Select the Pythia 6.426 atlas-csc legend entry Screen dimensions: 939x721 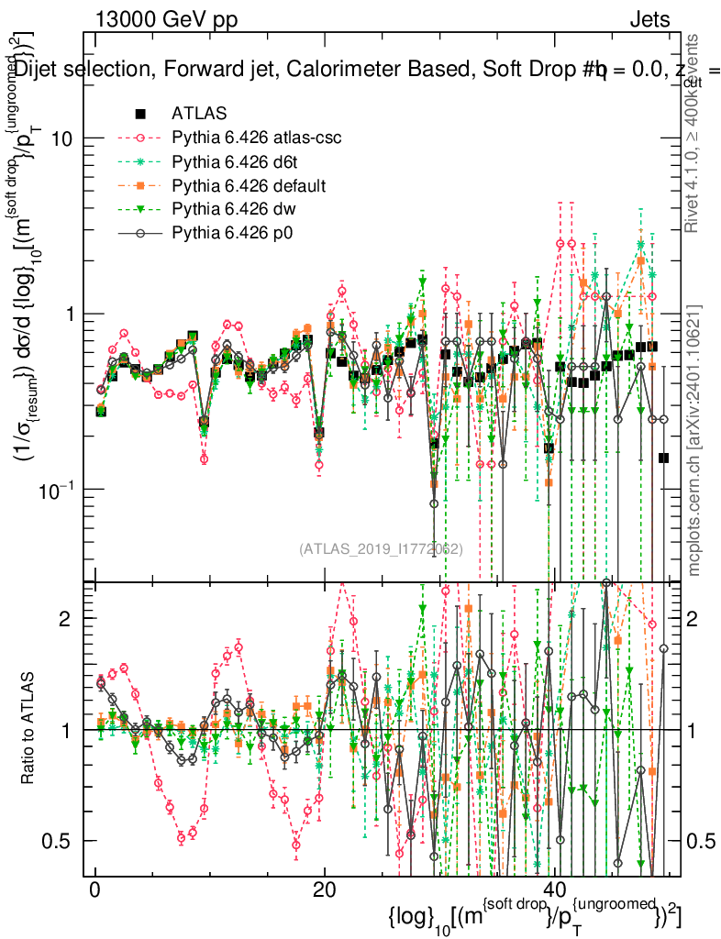pyautogui.click(x=256, y=138)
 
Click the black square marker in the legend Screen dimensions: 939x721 pyautogui.click(x=140, y=115)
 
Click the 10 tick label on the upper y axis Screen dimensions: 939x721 pyautogui.click(x=63, y=138)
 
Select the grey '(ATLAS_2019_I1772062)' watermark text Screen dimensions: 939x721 pyautogui.click(x=381, y=548)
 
